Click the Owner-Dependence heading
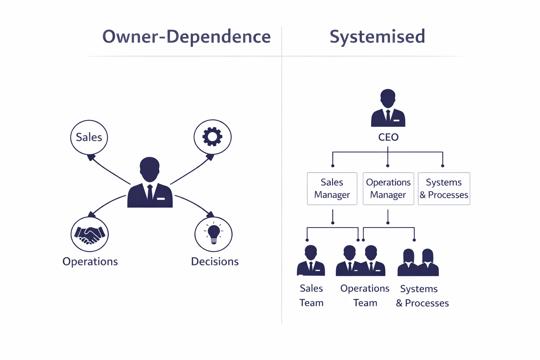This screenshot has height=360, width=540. pos(186,37)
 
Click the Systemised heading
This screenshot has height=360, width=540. pos(377,37)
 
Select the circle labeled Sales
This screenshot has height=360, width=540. pos(89,137)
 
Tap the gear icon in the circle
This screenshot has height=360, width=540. pos(212,137)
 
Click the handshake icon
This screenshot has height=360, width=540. pos(90,234)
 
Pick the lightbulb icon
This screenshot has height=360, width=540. pos(213,234)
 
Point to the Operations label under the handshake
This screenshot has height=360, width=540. pos(90,262)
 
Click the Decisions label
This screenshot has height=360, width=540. pos(214,262)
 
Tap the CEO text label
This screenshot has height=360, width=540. pos(388,137)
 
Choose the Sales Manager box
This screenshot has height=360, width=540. pos(332,188)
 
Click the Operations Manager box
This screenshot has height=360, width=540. pos(388,188)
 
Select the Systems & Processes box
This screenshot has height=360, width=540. pos(444,188)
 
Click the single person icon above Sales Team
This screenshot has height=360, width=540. pos(311,261)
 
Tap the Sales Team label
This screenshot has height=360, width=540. pos(311,295)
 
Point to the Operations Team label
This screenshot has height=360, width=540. pos(365,295)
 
